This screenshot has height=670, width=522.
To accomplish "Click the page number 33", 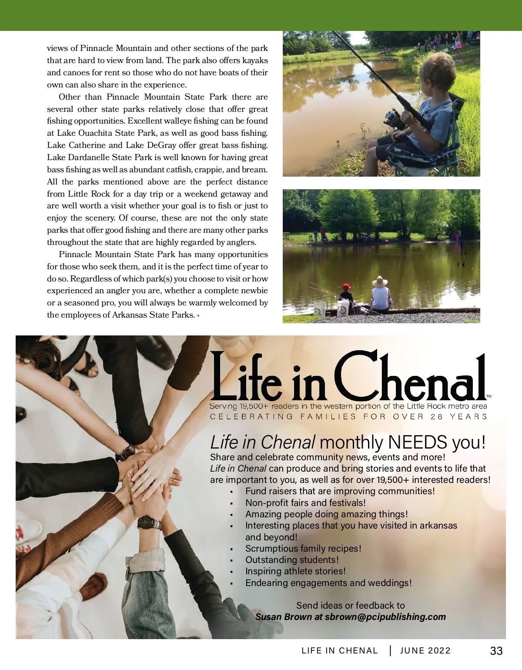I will click(x=496, y=651).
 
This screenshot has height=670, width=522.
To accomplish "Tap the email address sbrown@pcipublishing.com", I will click(x=385, y=617).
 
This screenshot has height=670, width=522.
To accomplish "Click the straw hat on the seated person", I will click(x=380, y=281).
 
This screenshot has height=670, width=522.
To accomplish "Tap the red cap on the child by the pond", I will click(x=345, y=287).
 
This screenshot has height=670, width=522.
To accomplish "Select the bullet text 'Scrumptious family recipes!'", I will click(x=303, y=549).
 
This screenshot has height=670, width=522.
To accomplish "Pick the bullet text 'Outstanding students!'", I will click(x=292, y=560).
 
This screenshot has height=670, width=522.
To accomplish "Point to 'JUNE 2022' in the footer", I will click(x=425, y=651).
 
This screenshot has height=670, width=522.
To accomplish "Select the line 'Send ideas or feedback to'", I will click(x=350, y=606).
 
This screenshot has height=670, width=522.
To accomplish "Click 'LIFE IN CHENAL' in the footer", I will click(x=340, y=651).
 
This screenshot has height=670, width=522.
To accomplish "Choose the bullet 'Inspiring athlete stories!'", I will click(x=295, y=571).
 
